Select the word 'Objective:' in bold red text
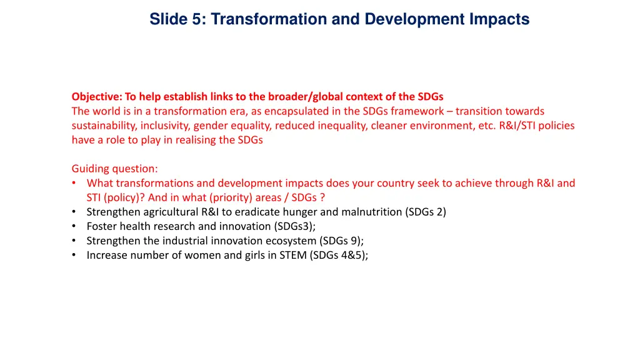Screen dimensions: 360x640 [x=97, y=96]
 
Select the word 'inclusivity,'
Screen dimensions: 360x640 [x=166, y=126]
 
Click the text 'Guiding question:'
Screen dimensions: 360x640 [x=115, y=169]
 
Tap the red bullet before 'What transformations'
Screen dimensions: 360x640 [x=74, y=183]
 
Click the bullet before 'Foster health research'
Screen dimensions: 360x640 [x=74, y=226]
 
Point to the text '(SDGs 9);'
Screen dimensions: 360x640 [x=341, y=241]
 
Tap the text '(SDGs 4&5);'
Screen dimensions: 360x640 [x=339, y=255]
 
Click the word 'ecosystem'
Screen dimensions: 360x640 [x=293, y=241]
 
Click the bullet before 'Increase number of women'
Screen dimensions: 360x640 [x=74, y=255]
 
